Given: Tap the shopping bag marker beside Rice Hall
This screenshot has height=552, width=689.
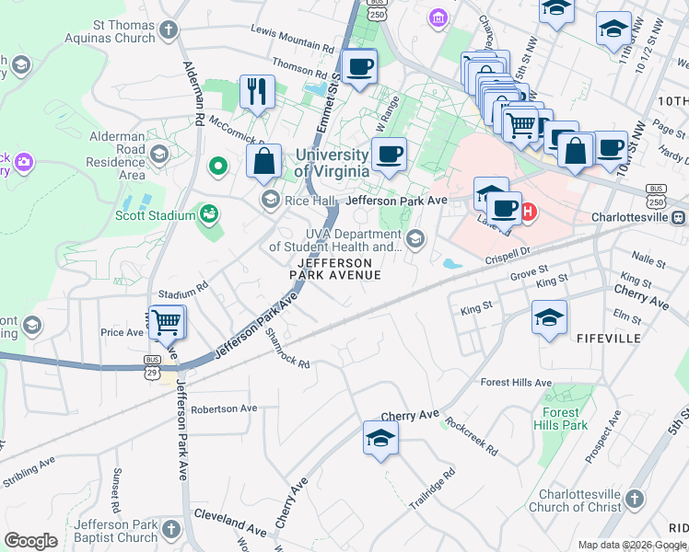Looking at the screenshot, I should coord(264,161).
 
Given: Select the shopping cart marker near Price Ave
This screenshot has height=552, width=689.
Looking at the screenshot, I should coord(167,322).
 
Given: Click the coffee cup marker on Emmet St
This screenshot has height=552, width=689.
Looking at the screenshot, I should coord(358,66).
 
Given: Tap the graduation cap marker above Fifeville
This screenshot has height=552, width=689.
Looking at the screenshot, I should coord(549,318).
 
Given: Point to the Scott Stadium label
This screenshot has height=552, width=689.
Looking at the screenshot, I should coord(155,216).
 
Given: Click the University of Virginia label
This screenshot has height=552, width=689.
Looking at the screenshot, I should coord(332,164).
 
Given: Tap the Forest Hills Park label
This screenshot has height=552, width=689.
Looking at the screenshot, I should coord(560,420).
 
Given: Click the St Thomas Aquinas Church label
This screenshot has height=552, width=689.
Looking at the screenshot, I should coord(111,32).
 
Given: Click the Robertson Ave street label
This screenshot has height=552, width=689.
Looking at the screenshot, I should coord(224,408).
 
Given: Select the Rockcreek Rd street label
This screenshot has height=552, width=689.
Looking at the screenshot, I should coord(471,437).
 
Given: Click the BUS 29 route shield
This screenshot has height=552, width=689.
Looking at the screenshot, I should coord(153,365).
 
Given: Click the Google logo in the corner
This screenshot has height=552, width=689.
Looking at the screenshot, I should coord(31,541).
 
